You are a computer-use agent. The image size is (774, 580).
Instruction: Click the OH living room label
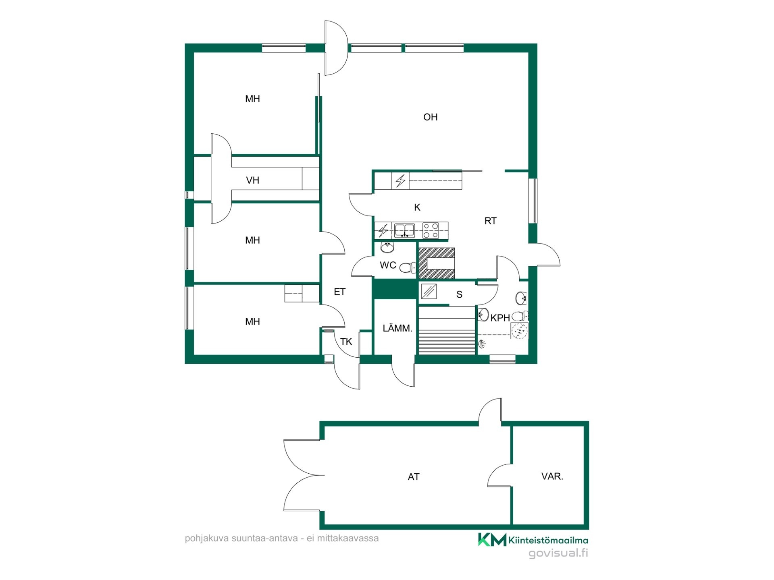click(x=430, y=117)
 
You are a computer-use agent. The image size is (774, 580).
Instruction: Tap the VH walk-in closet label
click(x=252, y=180)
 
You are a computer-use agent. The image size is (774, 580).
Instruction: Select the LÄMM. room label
click(x=397, y=328)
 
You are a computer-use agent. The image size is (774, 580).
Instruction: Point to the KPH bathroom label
click(x=500, y=318)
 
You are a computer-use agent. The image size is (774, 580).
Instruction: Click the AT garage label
click(x=414, y=477)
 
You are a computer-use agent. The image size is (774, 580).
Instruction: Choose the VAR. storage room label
click(x=552, y=476)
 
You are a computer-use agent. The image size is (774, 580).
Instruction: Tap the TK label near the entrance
click(x=346, y=342)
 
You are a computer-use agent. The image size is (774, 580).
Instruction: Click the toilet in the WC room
click(x=408, y=267)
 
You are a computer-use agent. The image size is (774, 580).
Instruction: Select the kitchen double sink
click(x=404, y=231)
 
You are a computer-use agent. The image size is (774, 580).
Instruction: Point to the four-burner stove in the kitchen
click(x=430, y=231)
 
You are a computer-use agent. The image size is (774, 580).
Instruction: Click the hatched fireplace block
click(x=437, y=263)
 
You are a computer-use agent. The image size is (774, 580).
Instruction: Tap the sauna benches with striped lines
click(x=447, y=331)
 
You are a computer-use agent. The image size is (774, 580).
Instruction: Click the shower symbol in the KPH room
click(x=482, y=344)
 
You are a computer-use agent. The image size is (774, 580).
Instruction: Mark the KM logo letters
click(x=492, y=539)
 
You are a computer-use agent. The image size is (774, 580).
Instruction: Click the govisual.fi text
click(x=558, y=553)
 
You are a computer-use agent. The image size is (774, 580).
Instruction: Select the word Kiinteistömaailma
click(x=548, y=540)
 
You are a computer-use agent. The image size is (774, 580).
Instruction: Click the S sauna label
click(x=459, y=294)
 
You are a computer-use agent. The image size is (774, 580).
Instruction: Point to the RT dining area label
click(x=490, y=221)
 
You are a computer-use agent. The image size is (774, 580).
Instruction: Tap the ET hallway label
click(x=339, y=292)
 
